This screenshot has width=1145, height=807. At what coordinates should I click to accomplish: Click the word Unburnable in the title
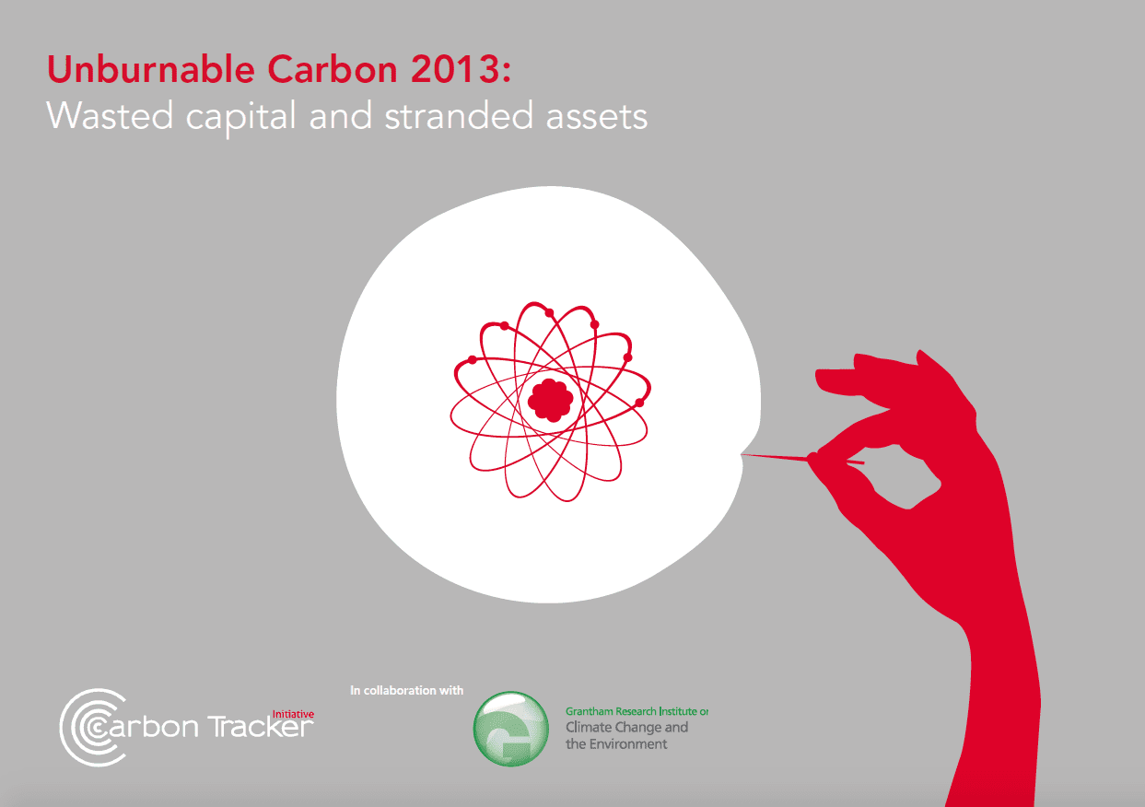coord(151,69)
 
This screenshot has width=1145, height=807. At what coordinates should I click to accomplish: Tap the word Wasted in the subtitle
coord(110,116)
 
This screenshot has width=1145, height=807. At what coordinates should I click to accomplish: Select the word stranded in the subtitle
coord(459,116)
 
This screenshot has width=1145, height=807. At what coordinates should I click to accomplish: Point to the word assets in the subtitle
coord(597,117)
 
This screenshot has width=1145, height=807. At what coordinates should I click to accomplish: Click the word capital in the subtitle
coord(240,119)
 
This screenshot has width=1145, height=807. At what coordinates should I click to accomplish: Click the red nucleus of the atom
coord(550,400)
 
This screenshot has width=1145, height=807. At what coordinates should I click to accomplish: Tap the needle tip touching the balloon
coord(742,454)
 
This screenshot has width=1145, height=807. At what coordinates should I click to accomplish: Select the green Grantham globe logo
coord(510,729)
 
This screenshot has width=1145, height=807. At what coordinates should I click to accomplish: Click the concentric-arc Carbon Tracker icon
coord(92,727)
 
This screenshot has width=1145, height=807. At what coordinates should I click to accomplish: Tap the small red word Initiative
coord(293,714)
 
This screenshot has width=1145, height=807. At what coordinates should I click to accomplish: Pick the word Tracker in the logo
coord(261,726)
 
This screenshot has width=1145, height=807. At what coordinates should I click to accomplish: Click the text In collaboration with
coord(406,690)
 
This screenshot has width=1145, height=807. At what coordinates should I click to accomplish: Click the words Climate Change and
coord(626,727)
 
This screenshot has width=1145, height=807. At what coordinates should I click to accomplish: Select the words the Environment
coord(616,743)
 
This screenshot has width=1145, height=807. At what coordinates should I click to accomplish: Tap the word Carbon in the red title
coord(333,69)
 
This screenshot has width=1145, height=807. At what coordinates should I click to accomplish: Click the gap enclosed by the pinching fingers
coord(907,477)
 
